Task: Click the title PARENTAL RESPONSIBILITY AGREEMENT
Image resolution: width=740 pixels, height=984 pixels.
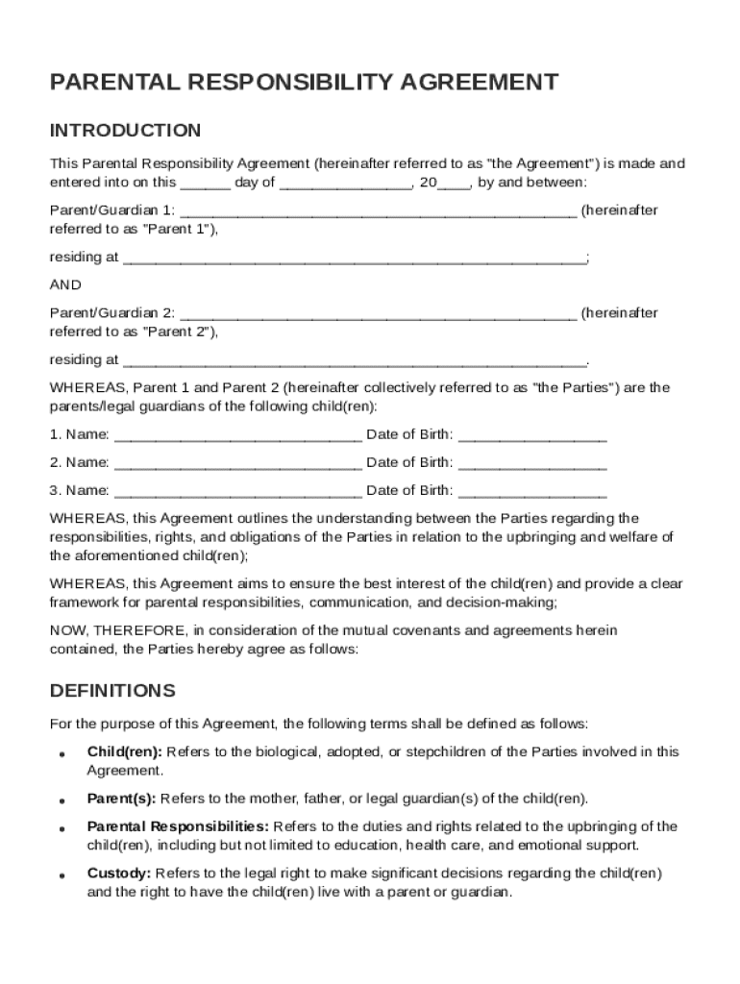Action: tap(304, 83)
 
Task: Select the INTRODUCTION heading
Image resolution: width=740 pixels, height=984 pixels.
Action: tap(125, 131)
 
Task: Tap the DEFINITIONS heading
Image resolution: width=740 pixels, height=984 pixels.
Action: tap(112, 691)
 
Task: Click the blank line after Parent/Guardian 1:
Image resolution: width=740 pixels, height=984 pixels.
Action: tap(379, 211)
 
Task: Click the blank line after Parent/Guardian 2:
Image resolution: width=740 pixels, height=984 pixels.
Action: tap(379, 314)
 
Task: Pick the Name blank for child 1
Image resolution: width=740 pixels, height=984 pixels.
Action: tap(237, 436)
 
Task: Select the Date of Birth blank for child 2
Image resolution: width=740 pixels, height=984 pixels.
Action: tap(532, 463)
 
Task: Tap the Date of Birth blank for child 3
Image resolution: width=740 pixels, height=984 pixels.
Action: tap(532, 491)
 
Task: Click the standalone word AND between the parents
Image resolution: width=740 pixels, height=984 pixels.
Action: tap(65, 285)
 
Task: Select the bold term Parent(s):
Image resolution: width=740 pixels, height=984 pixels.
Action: tap(122, 799)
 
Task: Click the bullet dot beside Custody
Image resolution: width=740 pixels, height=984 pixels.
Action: tap(61, 876)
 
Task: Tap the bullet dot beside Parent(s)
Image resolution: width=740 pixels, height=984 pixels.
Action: tap(61, 800)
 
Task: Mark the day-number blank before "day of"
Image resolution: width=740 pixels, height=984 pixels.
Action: tap(206, 183)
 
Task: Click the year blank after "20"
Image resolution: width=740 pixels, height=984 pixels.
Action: tap(455, 183)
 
